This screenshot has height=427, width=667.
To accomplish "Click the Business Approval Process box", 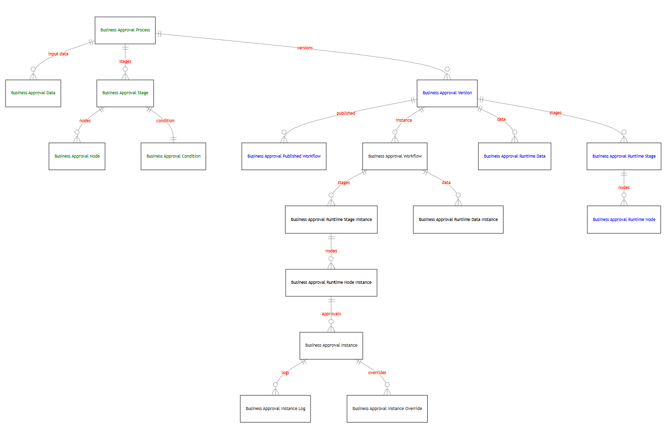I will pos(125,30).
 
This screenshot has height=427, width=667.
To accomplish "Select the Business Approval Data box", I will pos(33,93).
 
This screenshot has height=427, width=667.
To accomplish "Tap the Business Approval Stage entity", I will pos(125,93).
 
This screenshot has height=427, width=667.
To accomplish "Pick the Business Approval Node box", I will pos(77,156).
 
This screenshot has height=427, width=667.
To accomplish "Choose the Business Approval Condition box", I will pos(173,156).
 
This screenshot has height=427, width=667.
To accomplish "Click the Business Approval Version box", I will pos(447,93).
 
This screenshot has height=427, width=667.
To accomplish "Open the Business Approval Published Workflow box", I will pos(284,156).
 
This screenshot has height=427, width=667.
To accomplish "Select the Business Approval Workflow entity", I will pos(395,156).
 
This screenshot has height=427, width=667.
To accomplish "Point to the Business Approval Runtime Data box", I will pos(514,156).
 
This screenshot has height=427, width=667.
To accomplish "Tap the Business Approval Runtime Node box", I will pos(624,219).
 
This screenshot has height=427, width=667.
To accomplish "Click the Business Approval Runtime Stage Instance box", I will pos(331,219).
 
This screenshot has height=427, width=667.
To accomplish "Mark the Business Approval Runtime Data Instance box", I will pos(458,219).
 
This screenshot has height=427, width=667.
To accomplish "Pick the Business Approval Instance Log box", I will pos(275,409).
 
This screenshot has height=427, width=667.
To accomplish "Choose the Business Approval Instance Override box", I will pos(387,409).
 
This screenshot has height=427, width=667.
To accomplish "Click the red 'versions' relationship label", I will pos(305,48).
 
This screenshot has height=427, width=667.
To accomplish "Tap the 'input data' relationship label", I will pos(58,54).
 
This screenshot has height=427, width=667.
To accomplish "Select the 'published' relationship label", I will pos(345,113).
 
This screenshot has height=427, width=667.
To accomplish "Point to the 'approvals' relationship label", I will pos(331,314).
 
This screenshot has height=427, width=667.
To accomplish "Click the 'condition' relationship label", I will pos(166,121).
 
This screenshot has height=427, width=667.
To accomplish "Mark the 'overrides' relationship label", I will pos(377,373).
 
